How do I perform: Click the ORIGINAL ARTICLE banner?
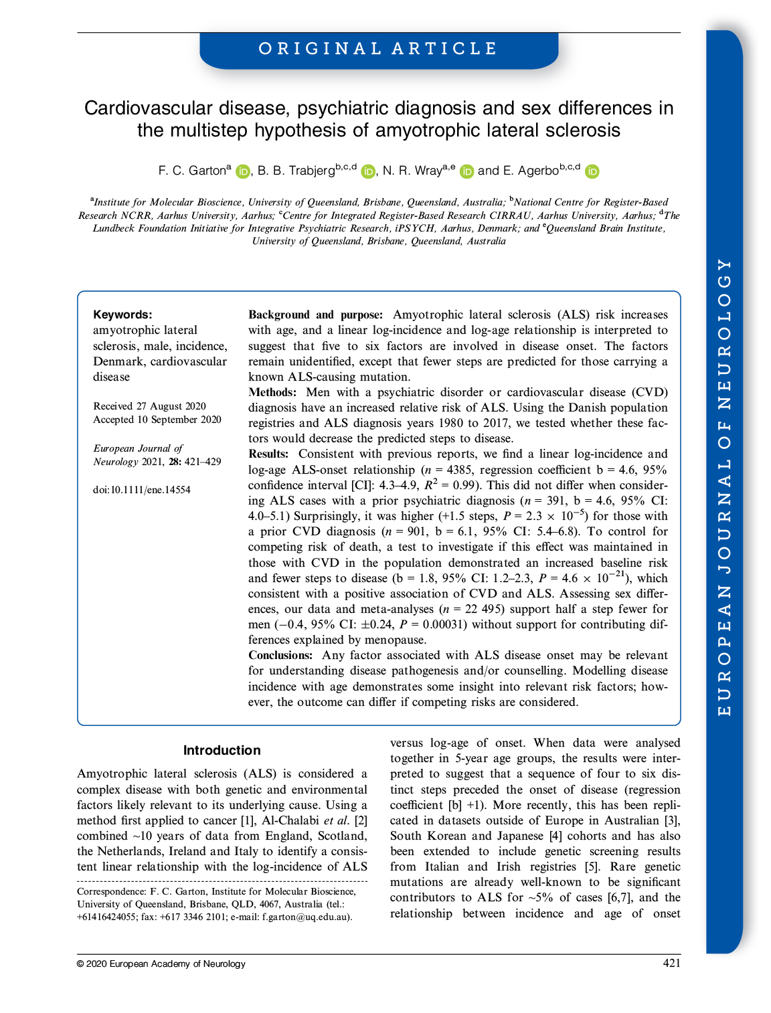tap(379, 49)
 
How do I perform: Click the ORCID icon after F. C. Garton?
tap(242, 172)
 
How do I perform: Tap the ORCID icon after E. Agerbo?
tap(592, 172)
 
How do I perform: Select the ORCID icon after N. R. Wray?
tap(466, 172)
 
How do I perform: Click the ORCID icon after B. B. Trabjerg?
tap(368, 172)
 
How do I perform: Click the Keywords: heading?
tap(122, 314)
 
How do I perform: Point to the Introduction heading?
tap(222, 750)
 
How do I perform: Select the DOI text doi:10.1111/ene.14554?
tap(142, 490)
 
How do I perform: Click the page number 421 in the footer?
tap(671, 963)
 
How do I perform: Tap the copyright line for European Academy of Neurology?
tap(161, 963)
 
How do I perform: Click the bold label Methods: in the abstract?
tap(272, 392)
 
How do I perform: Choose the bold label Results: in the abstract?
tap(268, 454)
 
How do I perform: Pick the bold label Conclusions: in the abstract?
tap(280, 655)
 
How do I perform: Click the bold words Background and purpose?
tap(315, 314)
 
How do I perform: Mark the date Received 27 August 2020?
tap(150, 406)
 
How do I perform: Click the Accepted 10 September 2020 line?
tap(157, 420)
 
